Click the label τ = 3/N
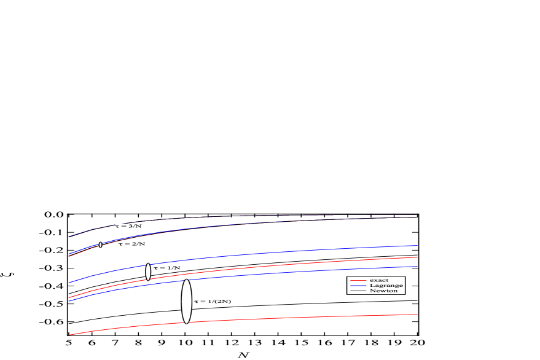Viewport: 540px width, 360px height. pyautogui.click(x=129, y=226)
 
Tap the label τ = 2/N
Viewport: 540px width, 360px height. pyautogui.click(x=131, y=244)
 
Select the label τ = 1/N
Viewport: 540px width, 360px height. pyautogui.click(x=166, y=268)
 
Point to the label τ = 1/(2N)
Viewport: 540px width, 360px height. pyautogui.click(x=213, y=302)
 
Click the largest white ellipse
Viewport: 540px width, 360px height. pyautogui.click(x=187, y=301)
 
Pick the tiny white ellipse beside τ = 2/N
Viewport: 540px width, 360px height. pyautogui.click(x=100, y=245)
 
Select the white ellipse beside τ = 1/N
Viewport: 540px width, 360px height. pyautogui.click(x=148, y=272)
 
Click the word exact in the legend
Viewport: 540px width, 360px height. pyautogui.click(x=378, y=280)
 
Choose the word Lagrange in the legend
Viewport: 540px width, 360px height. pyautogui.click(x=386, y=286)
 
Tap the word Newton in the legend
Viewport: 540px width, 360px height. pyautogui.click(x=383, y=291)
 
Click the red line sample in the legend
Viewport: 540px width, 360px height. pyautogui.click(x=358, y=281)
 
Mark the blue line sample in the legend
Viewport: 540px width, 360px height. pyautogui.click(x=358, y=286)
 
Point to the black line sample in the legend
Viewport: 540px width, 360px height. pyautogui.click(x=358, y=291)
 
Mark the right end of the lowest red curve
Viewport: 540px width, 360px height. pyautogui.click(x=417, y=315)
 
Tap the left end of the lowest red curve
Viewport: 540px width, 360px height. pyautogui.click(x=69, y=335)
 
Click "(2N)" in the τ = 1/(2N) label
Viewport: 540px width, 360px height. pyautogui.click(x=222, y=302)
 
